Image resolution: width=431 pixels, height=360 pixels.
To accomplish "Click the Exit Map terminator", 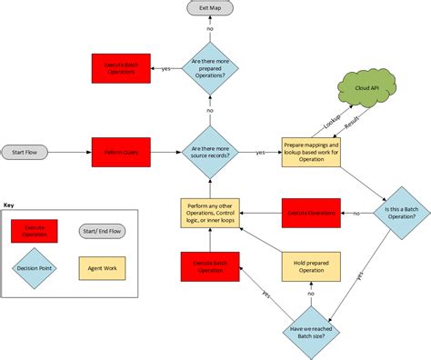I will (210, 8).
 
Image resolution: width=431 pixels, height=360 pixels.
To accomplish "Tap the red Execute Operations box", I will (311, 212).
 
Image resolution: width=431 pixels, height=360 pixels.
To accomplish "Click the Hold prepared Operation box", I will (311, 267).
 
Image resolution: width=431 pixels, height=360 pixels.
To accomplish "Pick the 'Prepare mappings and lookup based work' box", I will (310, 150).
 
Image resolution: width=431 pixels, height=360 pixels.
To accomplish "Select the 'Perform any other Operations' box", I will (210, 212).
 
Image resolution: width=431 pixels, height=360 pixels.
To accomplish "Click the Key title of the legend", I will (9, 205).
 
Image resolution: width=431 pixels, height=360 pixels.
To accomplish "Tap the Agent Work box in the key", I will (103, 268).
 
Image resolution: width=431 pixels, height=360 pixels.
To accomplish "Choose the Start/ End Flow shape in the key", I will (103, 232).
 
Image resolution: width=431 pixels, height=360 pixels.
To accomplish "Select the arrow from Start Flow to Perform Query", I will (73, 150).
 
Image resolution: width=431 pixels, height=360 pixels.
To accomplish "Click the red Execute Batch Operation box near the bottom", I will (210, 267).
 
